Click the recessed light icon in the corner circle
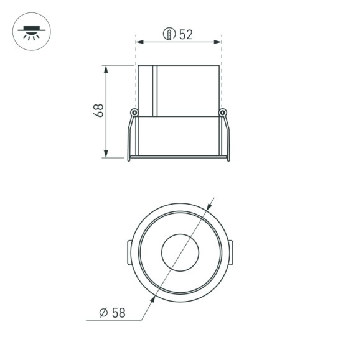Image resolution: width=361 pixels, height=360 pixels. [29, 30]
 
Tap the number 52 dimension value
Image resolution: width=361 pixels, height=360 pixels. [185, 34]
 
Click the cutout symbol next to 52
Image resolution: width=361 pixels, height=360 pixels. [167, 34]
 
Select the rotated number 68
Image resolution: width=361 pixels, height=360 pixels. [98, 110]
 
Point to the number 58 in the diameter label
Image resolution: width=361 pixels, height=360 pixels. [118, 313]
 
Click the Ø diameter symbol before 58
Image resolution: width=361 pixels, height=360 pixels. [104, 313]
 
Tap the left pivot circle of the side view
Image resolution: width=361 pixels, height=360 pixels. [134, 113]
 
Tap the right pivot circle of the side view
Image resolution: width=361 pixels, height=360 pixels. [222, 113]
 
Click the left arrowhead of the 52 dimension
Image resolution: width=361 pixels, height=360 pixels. [140, 42]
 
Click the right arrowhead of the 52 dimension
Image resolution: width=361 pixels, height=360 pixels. [217, 42]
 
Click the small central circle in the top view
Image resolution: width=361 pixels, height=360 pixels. [180, 252]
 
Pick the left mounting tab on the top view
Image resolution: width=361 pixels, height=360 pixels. [128, 252]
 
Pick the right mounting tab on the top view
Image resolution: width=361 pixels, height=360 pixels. [232, 252]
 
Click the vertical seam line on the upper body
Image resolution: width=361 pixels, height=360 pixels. [158, 90]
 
